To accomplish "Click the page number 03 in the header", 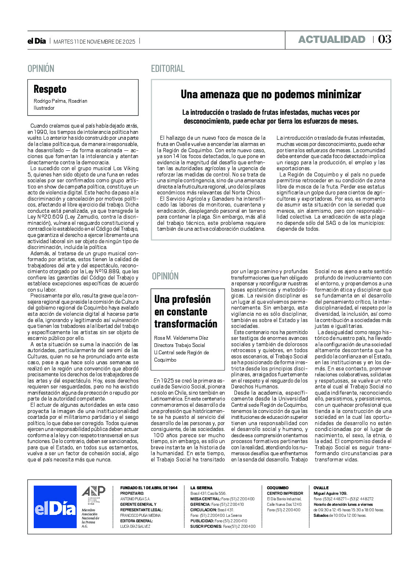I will coord(385,39).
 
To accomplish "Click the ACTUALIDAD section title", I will coord(332,40).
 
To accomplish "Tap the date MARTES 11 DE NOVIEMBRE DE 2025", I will coord(94,41).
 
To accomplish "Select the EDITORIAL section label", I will coord(168,69).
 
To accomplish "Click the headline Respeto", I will coord(50,89).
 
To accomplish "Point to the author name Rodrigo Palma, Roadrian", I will coord(61,101).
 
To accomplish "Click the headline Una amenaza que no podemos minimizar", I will coord(271,94).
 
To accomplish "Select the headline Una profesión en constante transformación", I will coord(186,312).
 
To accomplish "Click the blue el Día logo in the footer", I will coord(55,507).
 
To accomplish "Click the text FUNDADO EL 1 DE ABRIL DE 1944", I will coord(149,488).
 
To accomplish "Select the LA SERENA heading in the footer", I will coord(201,488).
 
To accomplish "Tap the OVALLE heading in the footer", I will coord(321,488).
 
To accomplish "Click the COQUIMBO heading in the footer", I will coord(278,488).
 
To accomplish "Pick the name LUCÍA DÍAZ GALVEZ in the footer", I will coord(135,526).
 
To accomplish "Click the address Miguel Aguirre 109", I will coord(330,493).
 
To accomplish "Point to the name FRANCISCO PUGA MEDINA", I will coord(140,515).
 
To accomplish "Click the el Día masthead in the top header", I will coord(37,41).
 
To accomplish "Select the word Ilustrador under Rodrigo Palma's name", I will coord(44,108).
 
